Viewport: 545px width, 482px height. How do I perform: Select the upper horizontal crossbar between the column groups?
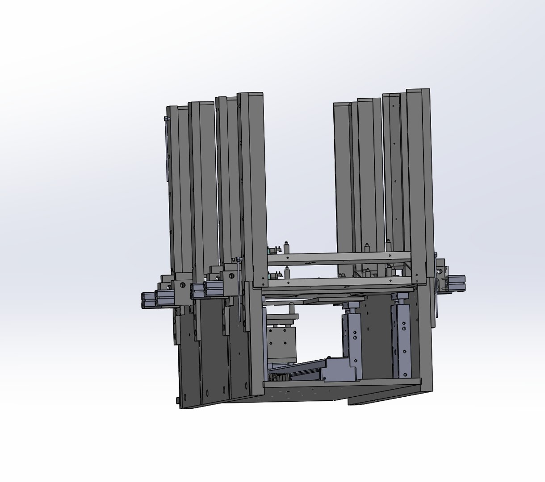pos(340,257)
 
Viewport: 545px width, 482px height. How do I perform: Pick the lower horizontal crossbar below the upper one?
pos(340,282)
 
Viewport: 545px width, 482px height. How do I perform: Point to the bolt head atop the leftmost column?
pos(166,119)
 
